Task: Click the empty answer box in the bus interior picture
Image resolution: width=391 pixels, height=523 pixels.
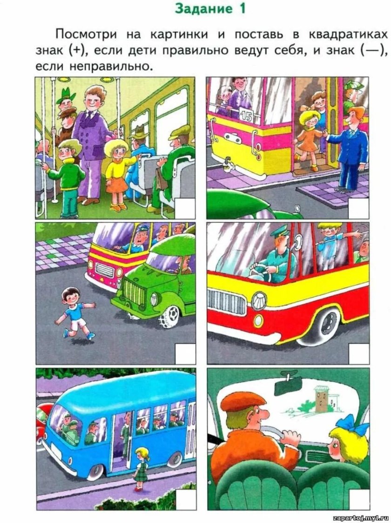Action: [185, 209]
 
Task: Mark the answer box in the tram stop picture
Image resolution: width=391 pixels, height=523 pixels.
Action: [358, 209]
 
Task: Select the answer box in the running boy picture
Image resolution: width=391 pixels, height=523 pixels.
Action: [185, 354]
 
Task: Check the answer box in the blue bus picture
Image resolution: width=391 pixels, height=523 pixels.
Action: [185, 500]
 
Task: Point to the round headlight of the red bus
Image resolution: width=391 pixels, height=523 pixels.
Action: [259, 301]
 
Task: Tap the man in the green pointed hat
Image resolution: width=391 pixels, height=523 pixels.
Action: [66, 99]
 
